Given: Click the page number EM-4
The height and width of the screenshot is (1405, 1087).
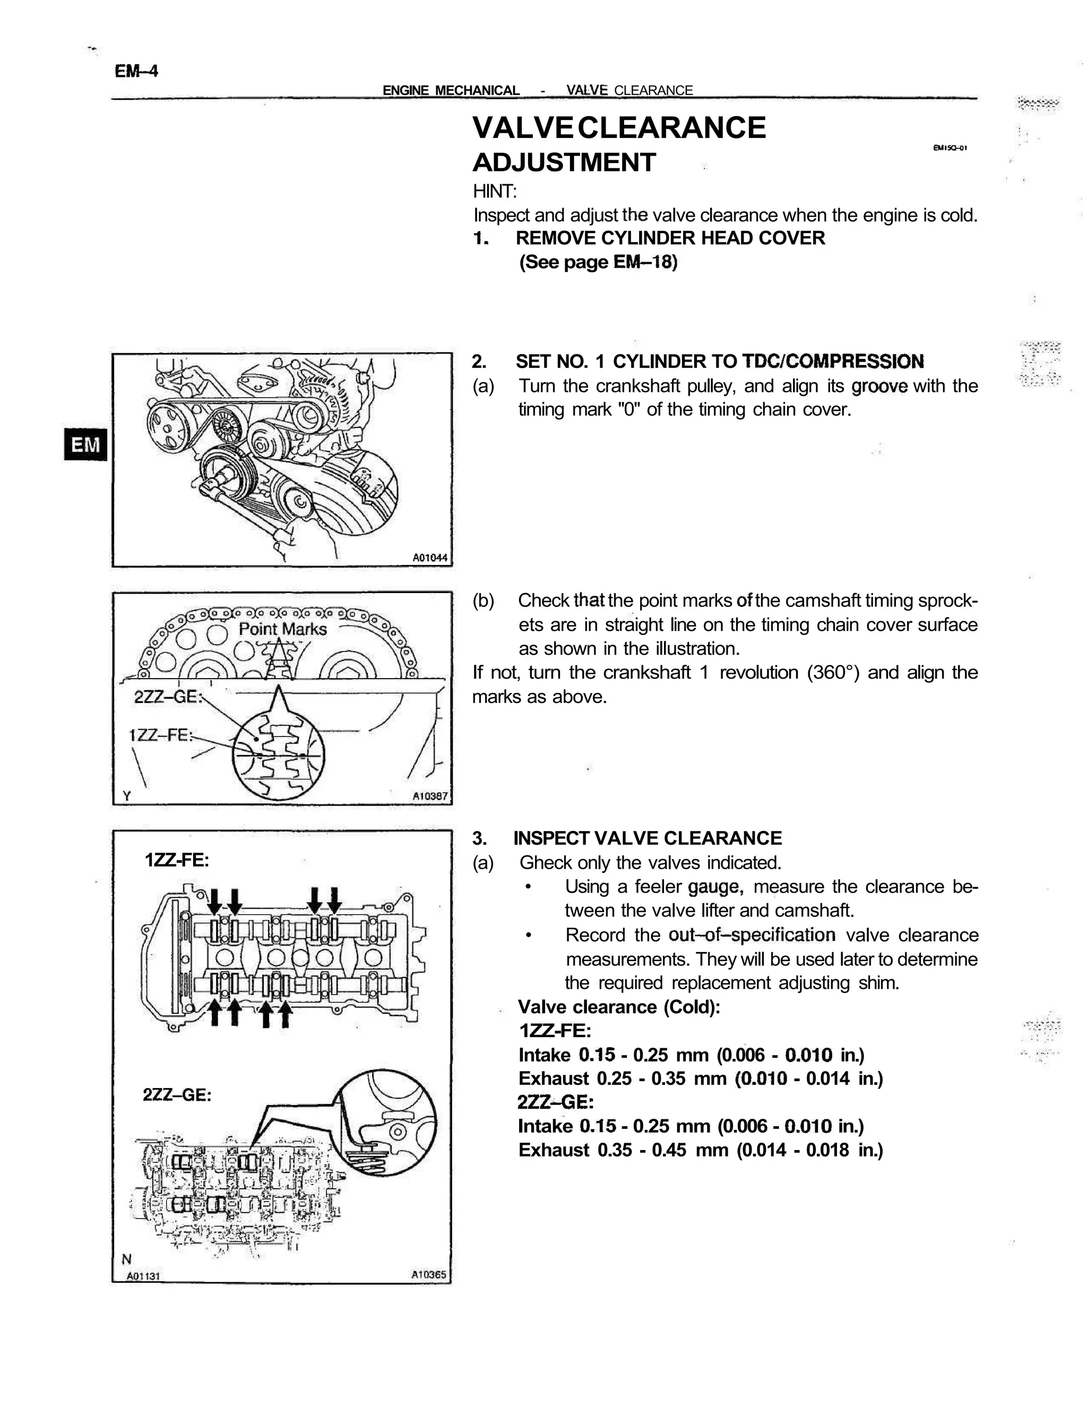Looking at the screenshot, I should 136,71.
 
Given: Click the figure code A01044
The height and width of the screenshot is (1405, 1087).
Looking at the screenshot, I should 430,557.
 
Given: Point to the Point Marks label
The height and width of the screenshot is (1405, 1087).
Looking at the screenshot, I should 282,629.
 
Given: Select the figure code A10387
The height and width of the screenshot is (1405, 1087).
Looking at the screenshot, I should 430,796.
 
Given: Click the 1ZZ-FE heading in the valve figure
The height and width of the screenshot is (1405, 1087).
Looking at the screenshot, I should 177,860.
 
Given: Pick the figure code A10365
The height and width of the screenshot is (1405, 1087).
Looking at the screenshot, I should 428,1274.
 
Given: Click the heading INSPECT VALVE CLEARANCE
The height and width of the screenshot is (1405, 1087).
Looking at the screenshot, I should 647,838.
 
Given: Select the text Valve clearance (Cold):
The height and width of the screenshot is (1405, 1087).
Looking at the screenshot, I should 619,1007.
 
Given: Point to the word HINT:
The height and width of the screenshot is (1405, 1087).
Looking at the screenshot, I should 495,191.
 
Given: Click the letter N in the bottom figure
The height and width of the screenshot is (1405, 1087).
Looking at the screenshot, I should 127,1259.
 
